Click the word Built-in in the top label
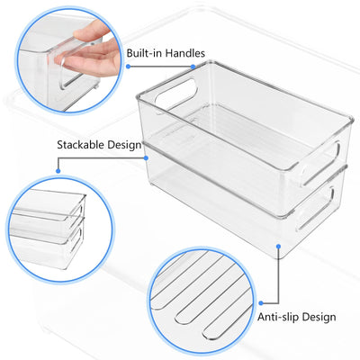point(145,53)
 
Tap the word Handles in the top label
point(185,53)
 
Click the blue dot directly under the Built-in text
point(128,67)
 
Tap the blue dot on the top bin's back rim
point(193,67)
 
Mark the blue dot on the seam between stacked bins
point(146,157)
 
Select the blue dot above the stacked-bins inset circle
point(58,171)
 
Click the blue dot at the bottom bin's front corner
point(278,247)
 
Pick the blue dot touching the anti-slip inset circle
point(261,303)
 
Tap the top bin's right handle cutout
point(320,163)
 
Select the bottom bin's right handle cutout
point(315,209)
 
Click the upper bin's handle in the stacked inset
point(76,212)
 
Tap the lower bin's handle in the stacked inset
point(76,239)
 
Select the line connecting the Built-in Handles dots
point(160,67)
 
